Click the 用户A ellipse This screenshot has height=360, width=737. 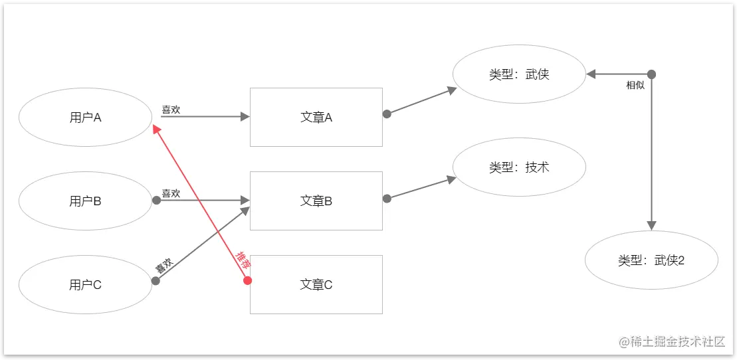coord(86,118)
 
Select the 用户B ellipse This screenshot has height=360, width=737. coord(86,201)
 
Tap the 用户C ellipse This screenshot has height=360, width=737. coord(86,285)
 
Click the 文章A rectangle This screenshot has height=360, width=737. coord(316,118)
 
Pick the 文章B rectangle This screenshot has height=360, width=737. coord(316,201)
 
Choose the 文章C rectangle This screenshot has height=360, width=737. coord(316,285)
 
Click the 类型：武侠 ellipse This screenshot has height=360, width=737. coord(519,74)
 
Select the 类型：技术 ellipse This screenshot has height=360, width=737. coord(519,167)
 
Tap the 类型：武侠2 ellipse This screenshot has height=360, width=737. coord(651,260)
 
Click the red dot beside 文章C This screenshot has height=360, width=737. coord(247,280)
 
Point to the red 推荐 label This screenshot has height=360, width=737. coord(243,260)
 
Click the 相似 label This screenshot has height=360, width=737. coord(635,86)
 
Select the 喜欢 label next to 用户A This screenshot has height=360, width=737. coord(171,110)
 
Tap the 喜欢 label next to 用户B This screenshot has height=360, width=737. coord(171,193)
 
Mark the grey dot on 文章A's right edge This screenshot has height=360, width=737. coord(387,114)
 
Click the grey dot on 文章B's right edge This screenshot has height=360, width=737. coord(387,198)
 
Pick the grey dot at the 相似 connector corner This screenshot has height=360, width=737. coord(651,74)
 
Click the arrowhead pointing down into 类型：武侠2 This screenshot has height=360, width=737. coord(651,225)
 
